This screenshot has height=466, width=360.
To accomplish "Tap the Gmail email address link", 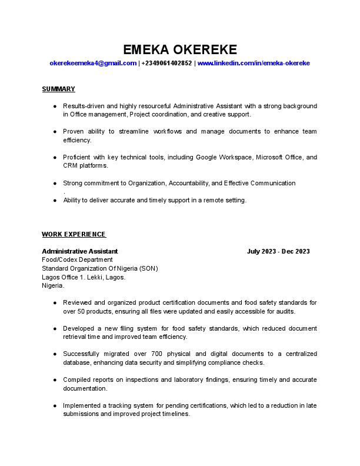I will coord(93,63).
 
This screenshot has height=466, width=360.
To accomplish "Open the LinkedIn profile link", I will coord(254,63).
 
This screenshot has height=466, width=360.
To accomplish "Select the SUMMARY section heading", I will coord(58,89).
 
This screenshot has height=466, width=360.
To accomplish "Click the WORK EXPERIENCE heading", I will coord(74,234).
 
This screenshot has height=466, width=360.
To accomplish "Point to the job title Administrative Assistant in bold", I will coord(79,251).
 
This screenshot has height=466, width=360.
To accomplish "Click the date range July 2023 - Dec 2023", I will coord(278,251).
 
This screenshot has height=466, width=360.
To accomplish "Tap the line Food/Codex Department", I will coord(77,259).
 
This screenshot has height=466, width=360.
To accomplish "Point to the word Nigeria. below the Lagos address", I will coord(53,285).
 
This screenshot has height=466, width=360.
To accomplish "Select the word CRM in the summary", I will coord(71,166).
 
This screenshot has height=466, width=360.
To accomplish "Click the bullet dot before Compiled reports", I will coord(55,380).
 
